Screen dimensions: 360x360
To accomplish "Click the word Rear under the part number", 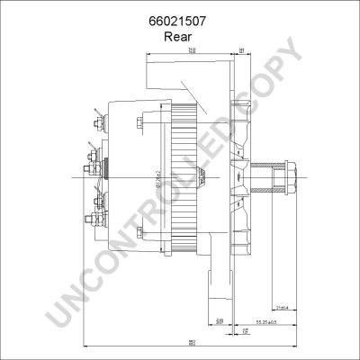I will pos(180,37).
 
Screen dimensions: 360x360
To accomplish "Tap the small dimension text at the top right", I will pos(242,50).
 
